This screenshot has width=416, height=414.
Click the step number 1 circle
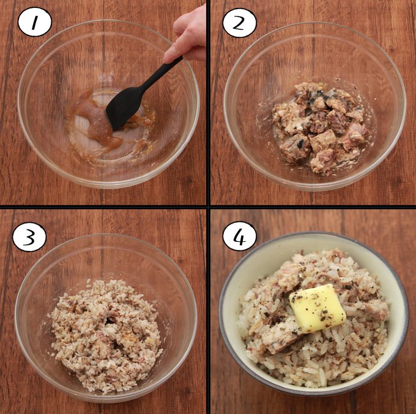point(35,23)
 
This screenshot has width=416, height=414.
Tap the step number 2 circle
point(240,23)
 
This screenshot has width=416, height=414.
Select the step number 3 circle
point(29,237)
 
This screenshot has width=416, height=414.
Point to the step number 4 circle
point(240,236)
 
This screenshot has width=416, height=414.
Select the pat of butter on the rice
point(318,308)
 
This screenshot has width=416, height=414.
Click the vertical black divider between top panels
point(208,102)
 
